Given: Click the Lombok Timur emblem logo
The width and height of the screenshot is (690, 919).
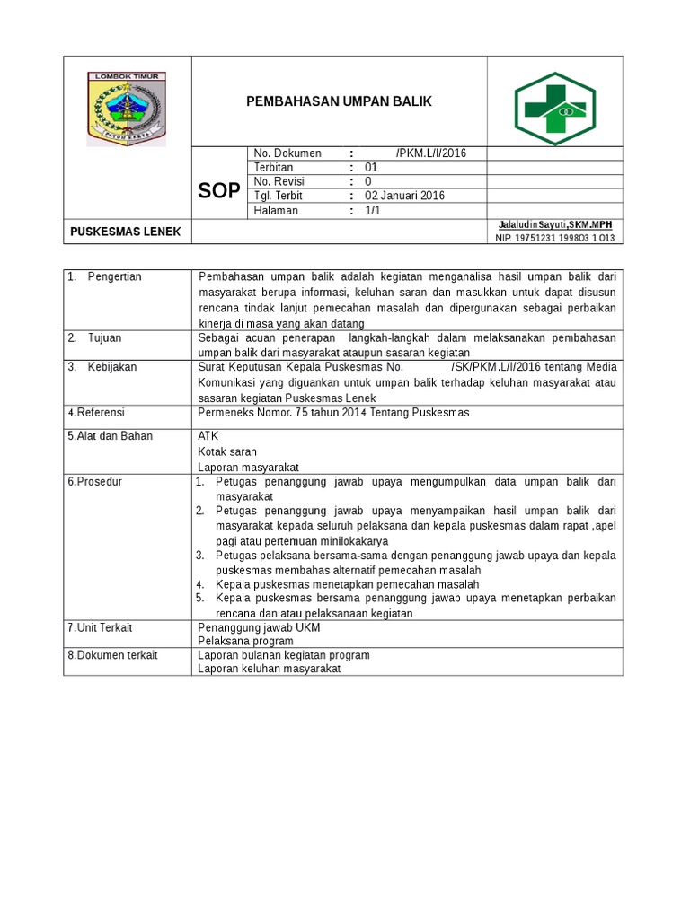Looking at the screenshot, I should (x=126, y=109).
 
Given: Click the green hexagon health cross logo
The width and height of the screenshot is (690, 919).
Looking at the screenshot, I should (x=554, y=102).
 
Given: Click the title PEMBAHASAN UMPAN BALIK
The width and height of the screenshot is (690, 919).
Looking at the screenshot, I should (x=340, y=101).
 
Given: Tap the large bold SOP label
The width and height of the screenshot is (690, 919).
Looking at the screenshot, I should (x=218, y=190).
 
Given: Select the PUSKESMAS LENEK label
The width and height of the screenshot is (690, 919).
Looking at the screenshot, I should (x=126, y=232).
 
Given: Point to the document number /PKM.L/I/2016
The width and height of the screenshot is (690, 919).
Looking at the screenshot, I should (x=430, y=153).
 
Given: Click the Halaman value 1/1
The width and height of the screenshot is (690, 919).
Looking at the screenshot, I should (x=373, y=210).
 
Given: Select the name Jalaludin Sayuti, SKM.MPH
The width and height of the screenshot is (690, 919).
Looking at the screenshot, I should (x=554, y=224).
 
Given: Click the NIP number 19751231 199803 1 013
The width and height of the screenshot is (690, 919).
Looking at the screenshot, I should (x=554, y=238).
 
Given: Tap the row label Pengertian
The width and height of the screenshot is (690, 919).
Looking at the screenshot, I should (x=115, y=276).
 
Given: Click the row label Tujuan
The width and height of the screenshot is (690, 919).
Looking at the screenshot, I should (x=104, y=337).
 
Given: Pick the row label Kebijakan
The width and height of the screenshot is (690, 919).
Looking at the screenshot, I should (x=112, y=367).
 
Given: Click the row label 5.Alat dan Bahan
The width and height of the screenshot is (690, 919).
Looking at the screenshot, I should (x=110, y=436).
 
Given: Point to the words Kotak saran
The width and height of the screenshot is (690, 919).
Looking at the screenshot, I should (x=227, y=451).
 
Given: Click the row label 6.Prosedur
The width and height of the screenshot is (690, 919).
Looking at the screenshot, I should (x=94, y=482).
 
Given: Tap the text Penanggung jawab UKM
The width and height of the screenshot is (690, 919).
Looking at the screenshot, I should (x=259, y=627).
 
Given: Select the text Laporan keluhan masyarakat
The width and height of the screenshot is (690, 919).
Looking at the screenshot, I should (x=270, y=668).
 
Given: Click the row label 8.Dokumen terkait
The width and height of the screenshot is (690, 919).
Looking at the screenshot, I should (x=112, y=655).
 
